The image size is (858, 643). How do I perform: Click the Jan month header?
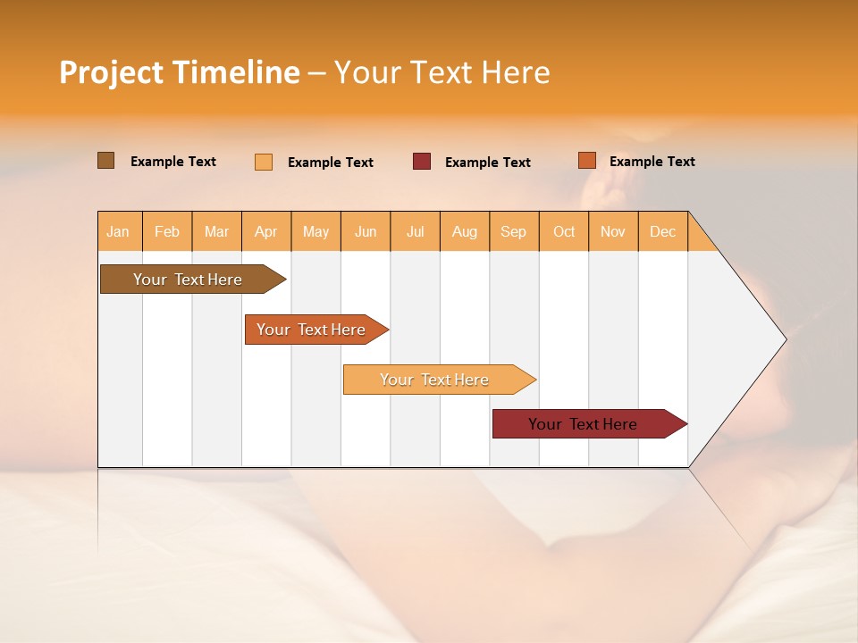pos(118,231)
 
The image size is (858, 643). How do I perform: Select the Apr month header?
pos(265,231)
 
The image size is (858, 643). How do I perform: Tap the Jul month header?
pos(415,231)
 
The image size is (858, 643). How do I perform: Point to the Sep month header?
pos(513,231)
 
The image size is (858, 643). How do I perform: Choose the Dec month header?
pos(662,231)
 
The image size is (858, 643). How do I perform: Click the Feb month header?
pos(167,231)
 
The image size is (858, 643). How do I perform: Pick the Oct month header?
pos(564,231)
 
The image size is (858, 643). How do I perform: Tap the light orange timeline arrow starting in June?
pos(436,380)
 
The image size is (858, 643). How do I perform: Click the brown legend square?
pos(105,161)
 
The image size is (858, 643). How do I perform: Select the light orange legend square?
pos(264,162)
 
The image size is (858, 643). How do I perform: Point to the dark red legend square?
pos(422,162)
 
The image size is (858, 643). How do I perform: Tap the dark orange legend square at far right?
pos(586,161)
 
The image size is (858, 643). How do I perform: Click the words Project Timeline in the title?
pos(179,72)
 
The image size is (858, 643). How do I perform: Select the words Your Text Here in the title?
pos(442,72)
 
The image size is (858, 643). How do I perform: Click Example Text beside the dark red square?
pos(487,163)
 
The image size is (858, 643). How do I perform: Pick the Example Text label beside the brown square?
pos(173,162)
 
